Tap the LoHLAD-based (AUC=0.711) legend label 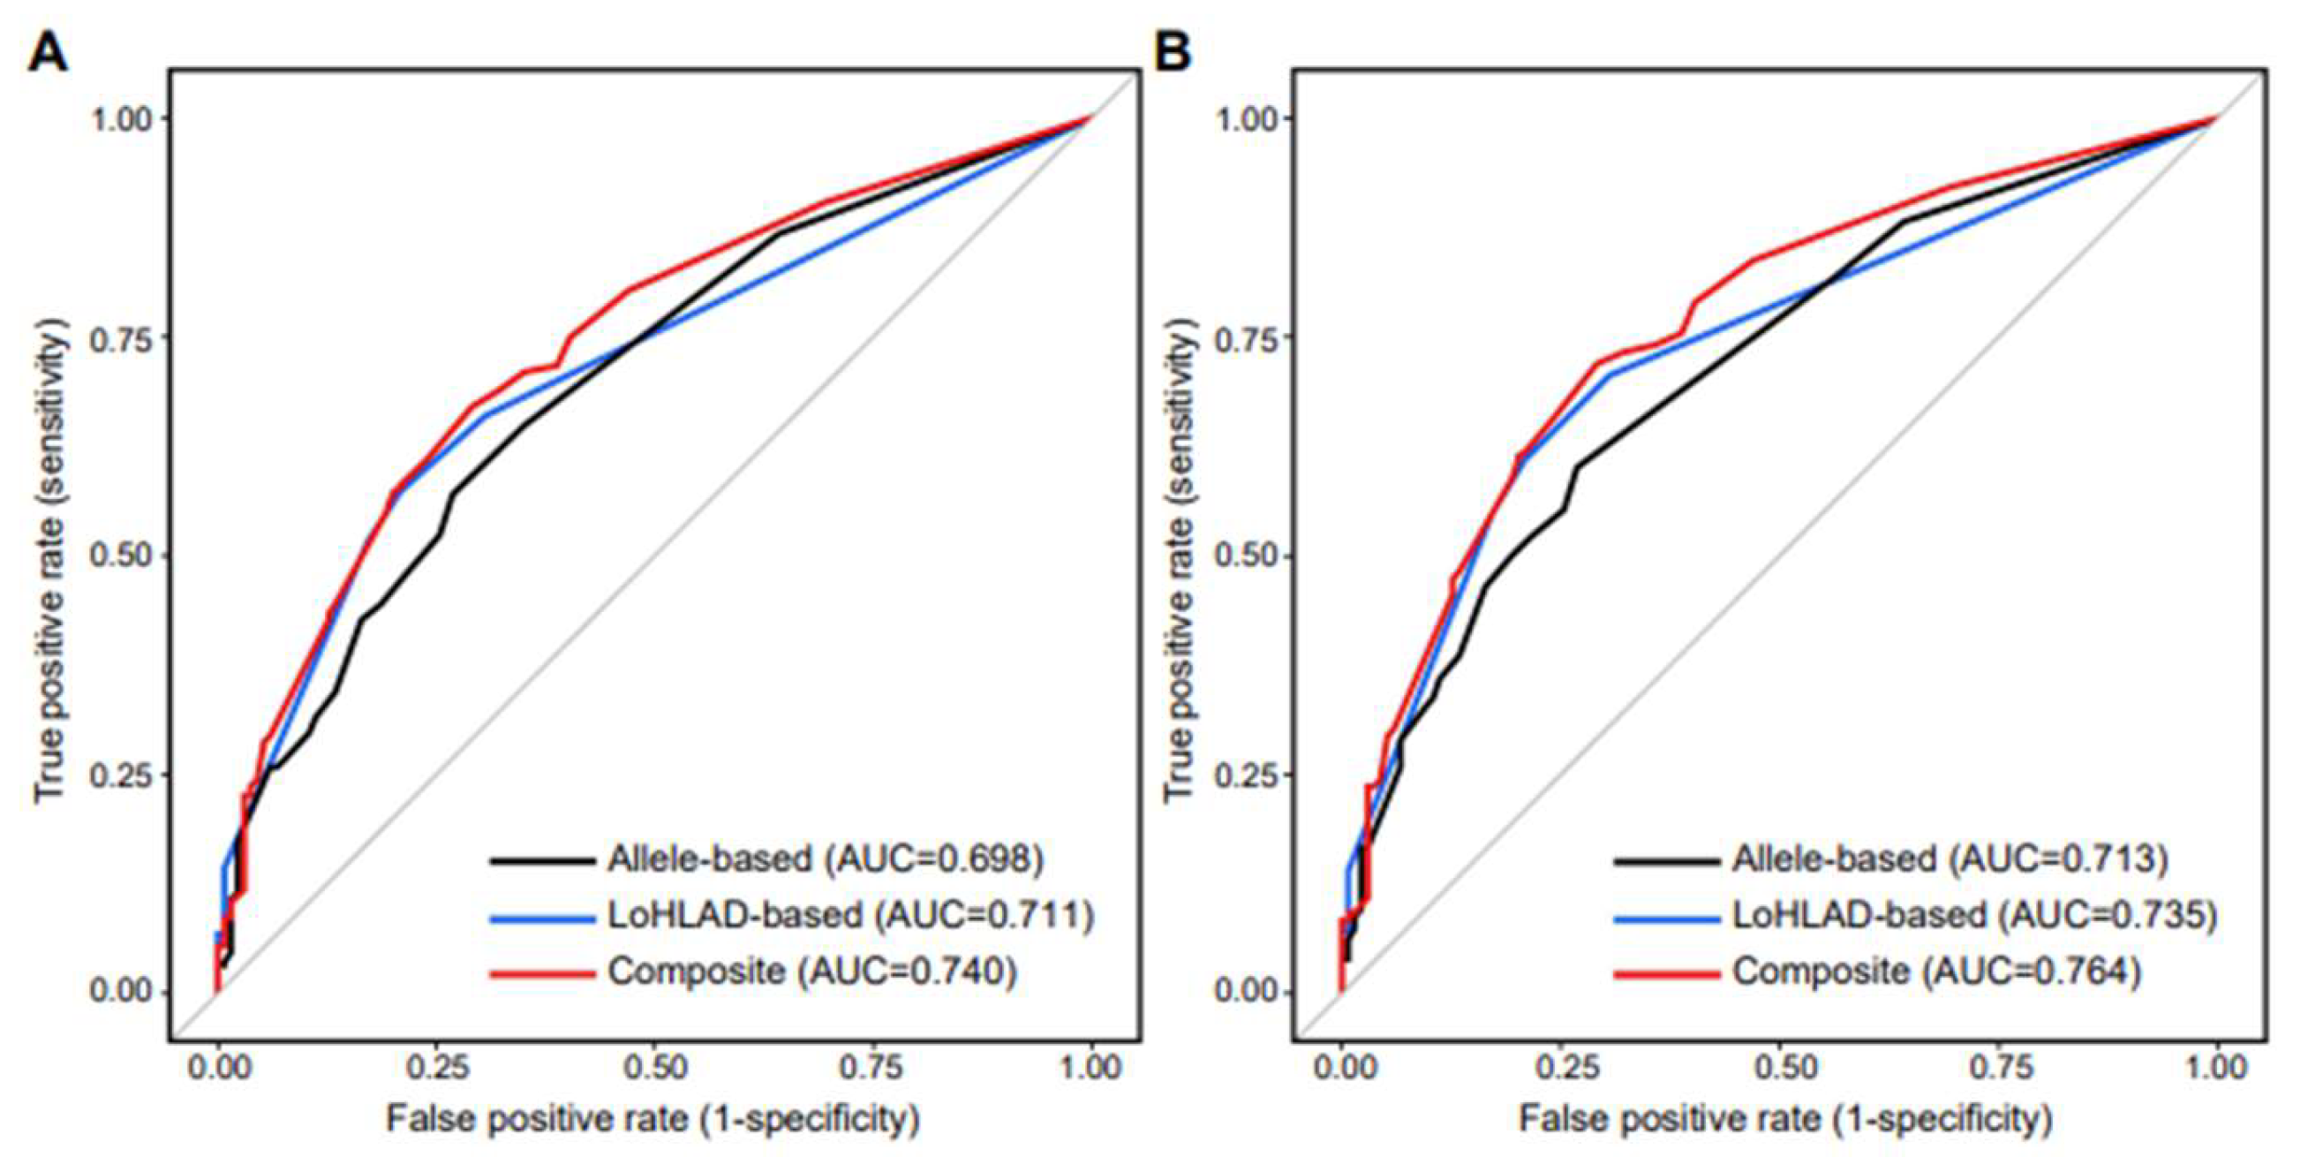pos(850,914)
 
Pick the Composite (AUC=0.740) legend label pos(811,971)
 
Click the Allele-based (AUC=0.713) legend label pos(1950,858)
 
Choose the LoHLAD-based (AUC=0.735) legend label pos(1973,914)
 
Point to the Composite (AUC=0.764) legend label pos(1936,971)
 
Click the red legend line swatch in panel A pos(542,972)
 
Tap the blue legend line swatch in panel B pos(1666,917)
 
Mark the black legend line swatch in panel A pos(542,861)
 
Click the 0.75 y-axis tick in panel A pos(120,336)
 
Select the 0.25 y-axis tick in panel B pos(1246,774)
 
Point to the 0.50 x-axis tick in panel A pos(653,1067)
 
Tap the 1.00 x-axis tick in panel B pos(2215,1067)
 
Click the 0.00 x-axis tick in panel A pos(218,1067)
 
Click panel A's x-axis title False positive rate pos(652,1118)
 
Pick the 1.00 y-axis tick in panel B pos(1246,117)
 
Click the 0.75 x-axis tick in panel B pos(1997,1067)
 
